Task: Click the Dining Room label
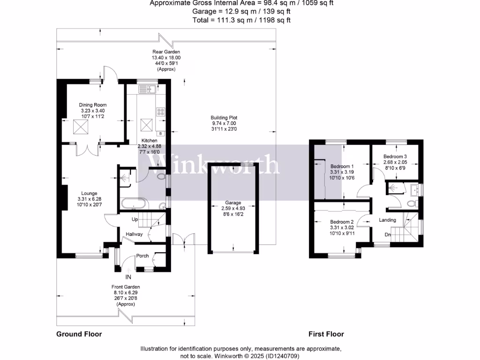pos(93,105)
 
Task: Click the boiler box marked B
pos(161,134)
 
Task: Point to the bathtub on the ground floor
pos(134,204)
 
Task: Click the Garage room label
pos(232,203)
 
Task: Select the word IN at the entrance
pos(128,277)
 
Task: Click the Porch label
pos(142,256)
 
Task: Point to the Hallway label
pos(134,235)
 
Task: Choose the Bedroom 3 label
pos(395,157)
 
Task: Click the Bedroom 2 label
pos(341,222)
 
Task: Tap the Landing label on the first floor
pos(388,220)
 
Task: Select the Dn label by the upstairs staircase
pos(388,235)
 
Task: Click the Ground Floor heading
pos(79,334)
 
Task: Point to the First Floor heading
pos(326,334)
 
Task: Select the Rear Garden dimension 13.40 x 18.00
pos(166,58)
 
